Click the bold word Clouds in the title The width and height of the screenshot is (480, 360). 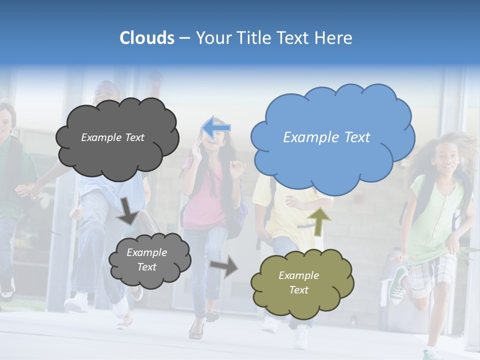[x=146, y=38]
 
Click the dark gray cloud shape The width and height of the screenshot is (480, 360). [x=116, y=138]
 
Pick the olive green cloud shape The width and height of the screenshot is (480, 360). [x=301, y=283]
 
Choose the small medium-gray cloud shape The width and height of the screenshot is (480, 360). [x=149, y=260]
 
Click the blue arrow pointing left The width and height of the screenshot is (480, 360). [x=216, y=127]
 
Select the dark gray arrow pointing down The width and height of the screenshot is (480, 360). [x=127, y=210]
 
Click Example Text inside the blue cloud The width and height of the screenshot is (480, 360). [x=326, y=137]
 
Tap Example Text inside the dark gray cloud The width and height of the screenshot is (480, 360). [x=112, y=137]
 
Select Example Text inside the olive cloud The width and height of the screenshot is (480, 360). [x=298, y=282]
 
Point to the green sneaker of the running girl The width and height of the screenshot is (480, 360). [x=398, y=285]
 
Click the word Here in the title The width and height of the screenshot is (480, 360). [x=334, y=38]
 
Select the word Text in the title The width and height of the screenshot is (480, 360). [x=295, y=38]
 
